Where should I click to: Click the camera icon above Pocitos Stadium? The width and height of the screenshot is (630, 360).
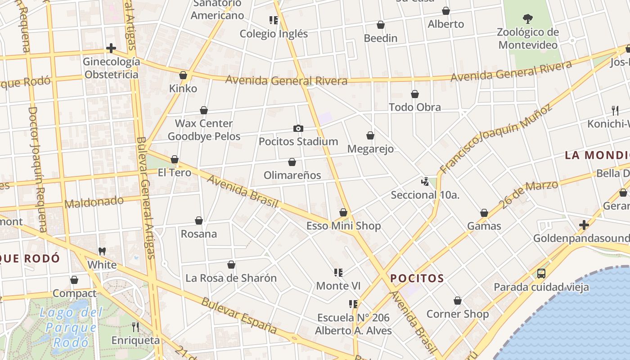click(298, 129)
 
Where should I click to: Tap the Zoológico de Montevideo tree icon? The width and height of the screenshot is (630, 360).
click(528, 19)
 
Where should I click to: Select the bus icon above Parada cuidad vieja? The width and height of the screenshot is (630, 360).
click(541, 273)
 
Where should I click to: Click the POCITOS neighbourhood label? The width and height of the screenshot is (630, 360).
click(417, 279)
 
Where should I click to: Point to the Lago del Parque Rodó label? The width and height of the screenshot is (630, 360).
click(71, 327)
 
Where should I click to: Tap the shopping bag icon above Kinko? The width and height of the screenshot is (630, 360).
click(183, 75)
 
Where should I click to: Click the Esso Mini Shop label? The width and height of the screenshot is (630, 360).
click(343, 226)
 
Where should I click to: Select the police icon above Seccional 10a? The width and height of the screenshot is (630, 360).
click(425, 182)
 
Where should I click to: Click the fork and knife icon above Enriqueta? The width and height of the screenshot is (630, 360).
click(135, 327)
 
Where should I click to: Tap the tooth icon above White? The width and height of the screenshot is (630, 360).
click(102, 251)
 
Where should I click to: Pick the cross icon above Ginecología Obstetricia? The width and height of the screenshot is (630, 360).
click(111, 48)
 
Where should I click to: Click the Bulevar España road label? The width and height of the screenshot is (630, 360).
click(238, 315)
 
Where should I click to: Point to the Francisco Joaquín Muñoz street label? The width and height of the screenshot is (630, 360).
click(495, 139)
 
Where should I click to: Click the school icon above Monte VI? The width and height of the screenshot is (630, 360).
click(338, 272)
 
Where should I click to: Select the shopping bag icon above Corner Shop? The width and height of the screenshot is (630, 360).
click(458, 301)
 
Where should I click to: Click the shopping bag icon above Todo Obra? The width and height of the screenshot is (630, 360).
click(415, 94)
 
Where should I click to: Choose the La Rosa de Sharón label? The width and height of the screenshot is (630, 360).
click(231, 278)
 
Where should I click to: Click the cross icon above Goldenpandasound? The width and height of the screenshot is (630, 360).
click(584, 225)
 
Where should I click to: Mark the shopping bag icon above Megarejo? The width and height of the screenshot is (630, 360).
click(370, 135)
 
